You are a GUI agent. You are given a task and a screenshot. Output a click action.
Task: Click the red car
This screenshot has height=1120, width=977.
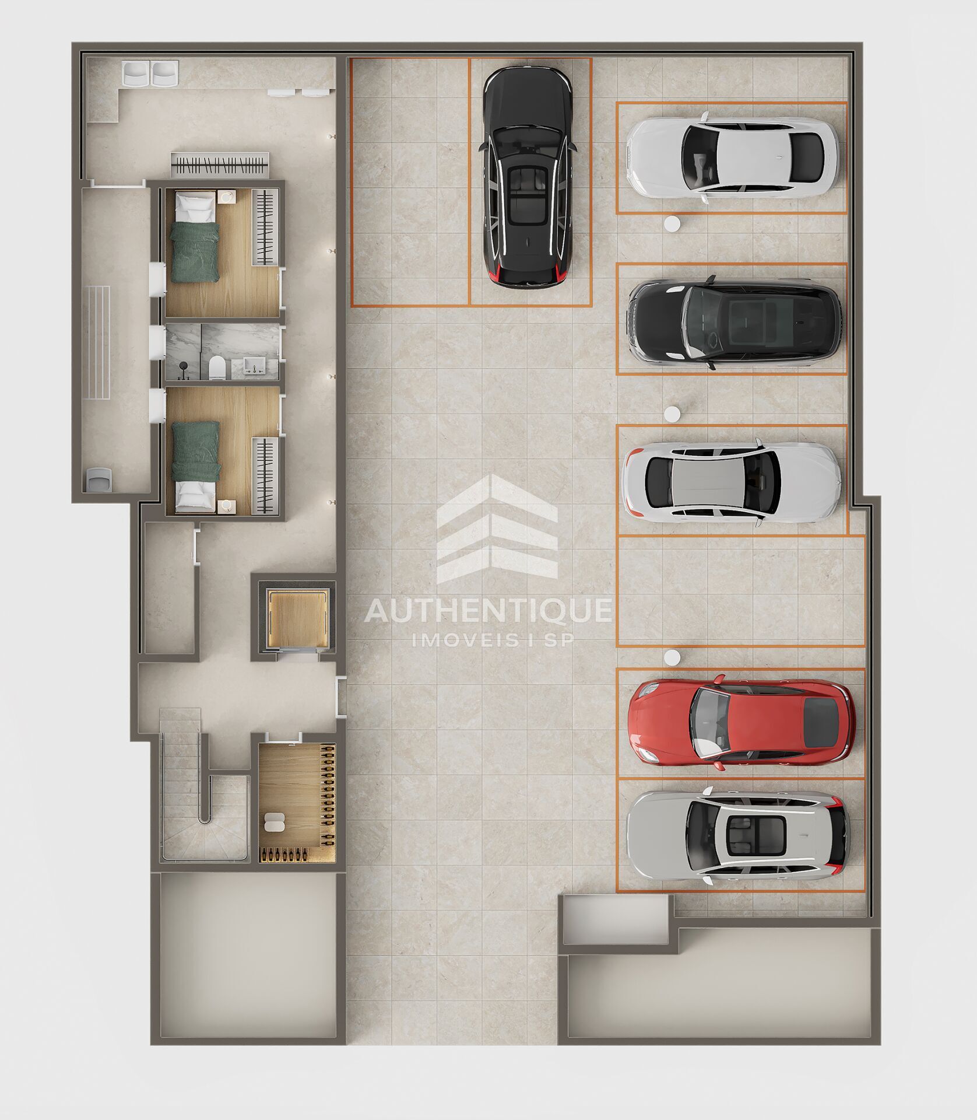click(x=741, y=721)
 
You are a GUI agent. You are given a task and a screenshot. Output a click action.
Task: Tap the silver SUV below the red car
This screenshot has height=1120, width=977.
click(x=737, y=836)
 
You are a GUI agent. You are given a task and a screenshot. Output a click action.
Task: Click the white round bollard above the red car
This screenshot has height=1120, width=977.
click(x=672, y=657)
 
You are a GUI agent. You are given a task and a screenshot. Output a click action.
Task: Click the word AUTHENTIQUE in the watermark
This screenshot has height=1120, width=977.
click(x=488, y=610)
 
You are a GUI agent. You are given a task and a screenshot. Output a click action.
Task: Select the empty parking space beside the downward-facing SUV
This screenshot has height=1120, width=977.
click(x=410, y=182)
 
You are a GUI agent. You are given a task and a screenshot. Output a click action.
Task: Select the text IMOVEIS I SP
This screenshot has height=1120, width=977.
click(x=493, y=640)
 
